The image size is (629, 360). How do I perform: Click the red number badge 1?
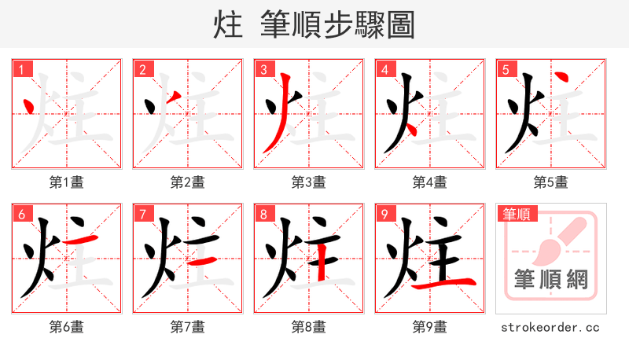[x=21, y=70]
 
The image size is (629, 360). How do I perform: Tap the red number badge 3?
[x=263, y=70]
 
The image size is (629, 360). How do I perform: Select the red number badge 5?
[x=506, y=70]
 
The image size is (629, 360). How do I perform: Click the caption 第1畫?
[x=66, y=182]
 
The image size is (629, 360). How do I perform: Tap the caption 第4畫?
[x=429, y=182]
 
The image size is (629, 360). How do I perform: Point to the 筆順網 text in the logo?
[x=550, y=280]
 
